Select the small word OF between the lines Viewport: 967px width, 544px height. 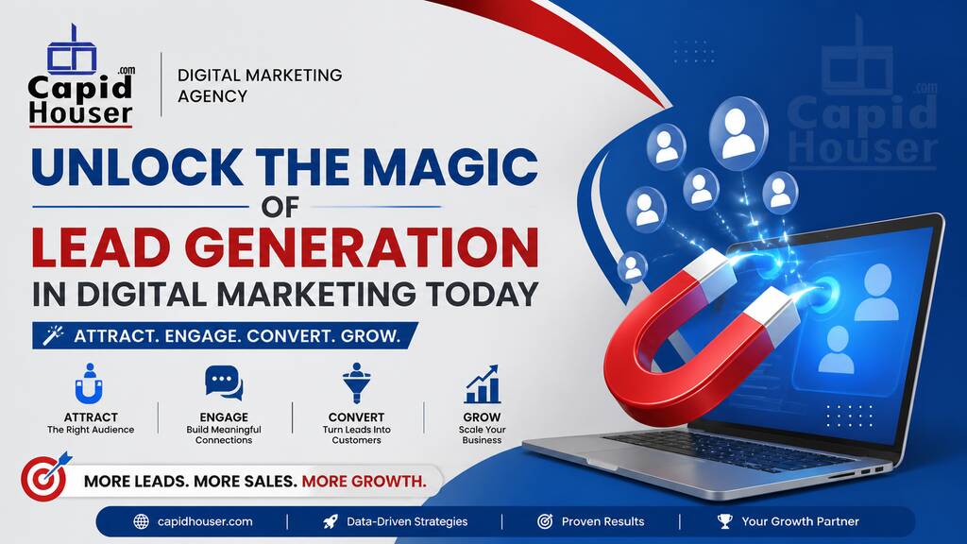click(x=280, y=207)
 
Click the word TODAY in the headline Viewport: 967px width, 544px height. click(x=483, y=295)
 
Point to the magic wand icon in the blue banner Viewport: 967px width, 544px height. click(x=54, y=335)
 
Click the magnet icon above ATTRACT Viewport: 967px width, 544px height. click(x=90, y=383)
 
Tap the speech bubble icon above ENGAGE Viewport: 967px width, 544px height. click(x=224, y=383)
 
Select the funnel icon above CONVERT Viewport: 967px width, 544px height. click(x=356, y=383)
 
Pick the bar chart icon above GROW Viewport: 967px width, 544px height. click(x=482, y=383)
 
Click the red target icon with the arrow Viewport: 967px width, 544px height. click(x=44, y=477)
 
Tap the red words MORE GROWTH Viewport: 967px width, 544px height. click(x=364, y=481)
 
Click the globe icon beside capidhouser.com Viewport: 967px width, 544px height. click(x=142, y=521)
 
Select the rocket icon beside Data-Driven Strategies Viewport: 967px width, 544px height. click(x=331, y=521)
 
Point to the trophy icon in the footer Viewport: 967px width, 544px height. click(x=725, y=521)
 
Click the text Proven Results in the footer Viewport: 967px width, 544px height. click(x=602, y=521)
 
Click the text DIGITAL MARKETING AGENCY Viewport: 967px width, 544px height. click(x=260, y=86)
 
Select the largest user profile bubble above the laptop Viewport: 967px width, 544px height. click(x=738, y=133)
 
